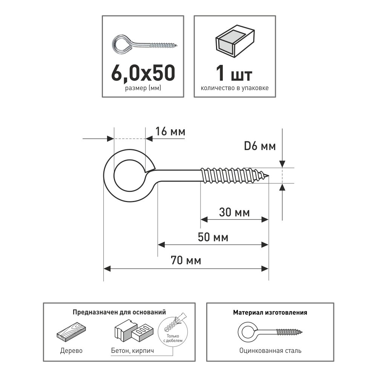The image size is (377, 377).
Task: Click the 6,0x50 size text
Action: click(143, 73)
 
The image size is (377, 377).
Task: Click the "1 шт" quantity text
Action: click(234, 73)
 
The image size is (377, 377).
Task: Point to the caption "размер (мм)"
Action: click(143, 88)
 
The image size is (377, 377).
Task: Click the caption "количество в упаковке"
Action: click(234, 88)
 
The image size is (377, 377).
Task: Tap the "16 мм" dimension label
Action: click(170, 132)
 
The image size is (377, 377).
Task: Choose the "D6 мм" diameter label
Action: click(260, 146)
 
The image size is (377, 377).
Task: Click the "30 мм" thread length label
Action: click(234, 212)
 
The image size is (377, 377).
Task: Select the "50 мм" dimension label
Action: click(213, 237)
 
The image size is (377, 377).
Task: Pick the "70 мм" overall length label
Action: click(186, 261)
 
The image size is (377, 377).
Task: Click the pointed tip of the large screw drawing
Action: click(268, 176)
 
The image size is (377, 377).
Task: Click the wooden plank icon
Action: click(71, 333)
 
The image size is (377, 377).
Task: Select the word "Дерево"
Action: click(71, 351)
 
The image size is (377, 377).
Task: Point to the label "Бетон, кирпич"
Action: click(132, 351)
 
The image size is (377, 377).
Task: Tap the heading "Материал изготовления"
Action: click(270, 313)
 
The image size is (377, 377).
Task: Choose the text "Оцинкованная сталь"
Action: click(270, 351)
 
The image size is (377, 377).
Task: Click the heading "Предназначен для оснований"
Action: click(119, 312)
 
